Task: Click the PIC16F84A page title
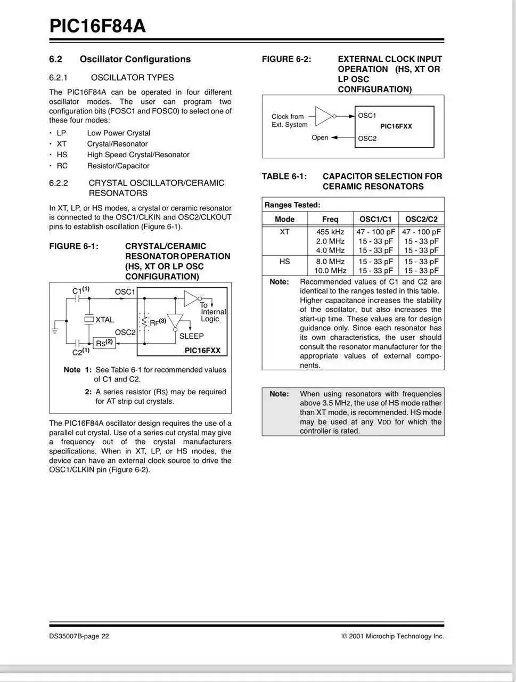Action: tap(97, 26)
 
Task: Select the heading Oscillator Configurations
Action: tap(135, 59)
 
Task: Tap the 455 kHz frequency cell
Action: tap(330, 232)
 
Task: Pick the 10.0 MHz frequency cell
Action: tap(330, 271)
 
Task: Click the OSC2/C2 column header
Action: tap(421, 219)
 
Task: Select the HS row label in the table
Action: tap(285, 262)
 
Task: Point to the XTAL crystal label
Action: tap(104, 320)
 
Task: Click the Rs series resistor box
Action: tap(104, 343)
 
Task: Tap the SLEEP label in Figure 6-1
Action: tap(191, 336)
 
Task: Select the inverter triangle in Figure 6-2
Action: tap(324, 116)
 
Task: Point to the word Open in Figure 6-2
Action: tap(320, 137)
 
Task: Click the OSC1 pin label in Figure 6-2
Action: tap(367, 116)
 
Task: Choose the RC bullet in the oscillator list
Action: tap(62, 166)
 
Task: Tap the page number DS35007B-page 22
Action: tap(79, 636)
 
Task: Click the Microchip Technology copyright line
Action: tap(392, 636)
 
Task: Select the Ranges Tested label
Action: tap(292, 205)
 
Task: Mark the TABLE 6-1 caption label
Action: tap(284, 176)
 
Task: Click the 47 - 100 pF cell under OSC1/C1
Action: tap(375, 232)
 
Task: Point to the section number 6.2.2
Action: tap(59, 183)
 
